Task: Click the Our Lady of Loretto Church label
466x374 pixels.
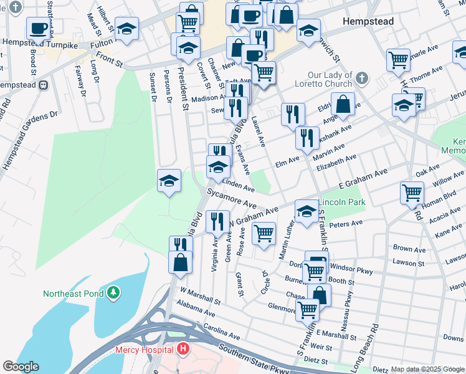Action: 322,74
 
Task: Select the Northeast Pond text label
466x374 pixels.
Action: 74,292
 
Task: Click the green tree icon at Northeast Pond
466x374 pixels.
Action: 113,292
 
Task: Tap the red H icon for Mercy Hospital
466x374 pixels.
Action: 183,350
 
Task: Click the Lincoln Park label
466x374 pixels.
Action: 341,203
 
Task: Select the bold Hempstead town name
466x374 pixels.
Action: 368,21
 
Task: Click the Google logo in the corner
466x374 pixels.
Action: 21,367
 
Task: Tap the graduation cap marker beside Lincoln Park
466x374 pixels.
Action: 306,211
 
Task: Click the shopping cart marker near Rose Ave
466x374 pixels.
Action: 264,233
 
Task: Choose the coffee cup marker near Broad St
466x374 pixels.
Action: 38,29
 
